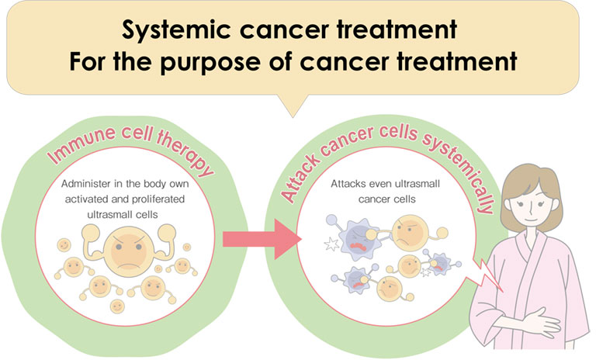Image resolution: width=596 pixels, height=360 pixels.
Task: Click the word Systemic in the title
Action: [177, 30]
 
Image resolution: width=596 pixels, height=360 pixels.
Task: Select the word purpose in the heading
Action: [210, 62]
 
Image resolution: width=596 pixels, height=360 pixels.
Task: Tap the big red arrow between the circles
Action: [262, 239]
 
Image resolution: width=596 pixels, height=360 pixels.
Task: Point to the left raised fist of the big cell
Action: [92, 233]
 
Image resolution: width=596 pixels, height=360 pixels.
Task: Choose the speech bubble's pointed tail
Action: [293, 106]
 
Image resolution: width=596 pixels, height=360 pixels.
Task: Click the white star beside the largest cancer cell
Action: [331, 244]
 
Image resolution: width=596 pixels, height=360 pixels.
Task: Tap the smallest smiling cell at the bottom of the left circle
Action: [117, 306]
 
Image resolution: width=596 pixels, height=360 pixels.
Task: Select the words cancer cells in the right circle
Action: [387, 199]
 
